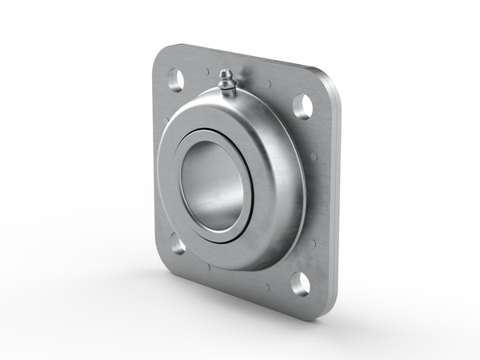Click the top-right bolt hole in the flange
click(x=302, y=106)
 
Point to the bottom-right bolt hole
click(x=300, y=283)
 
